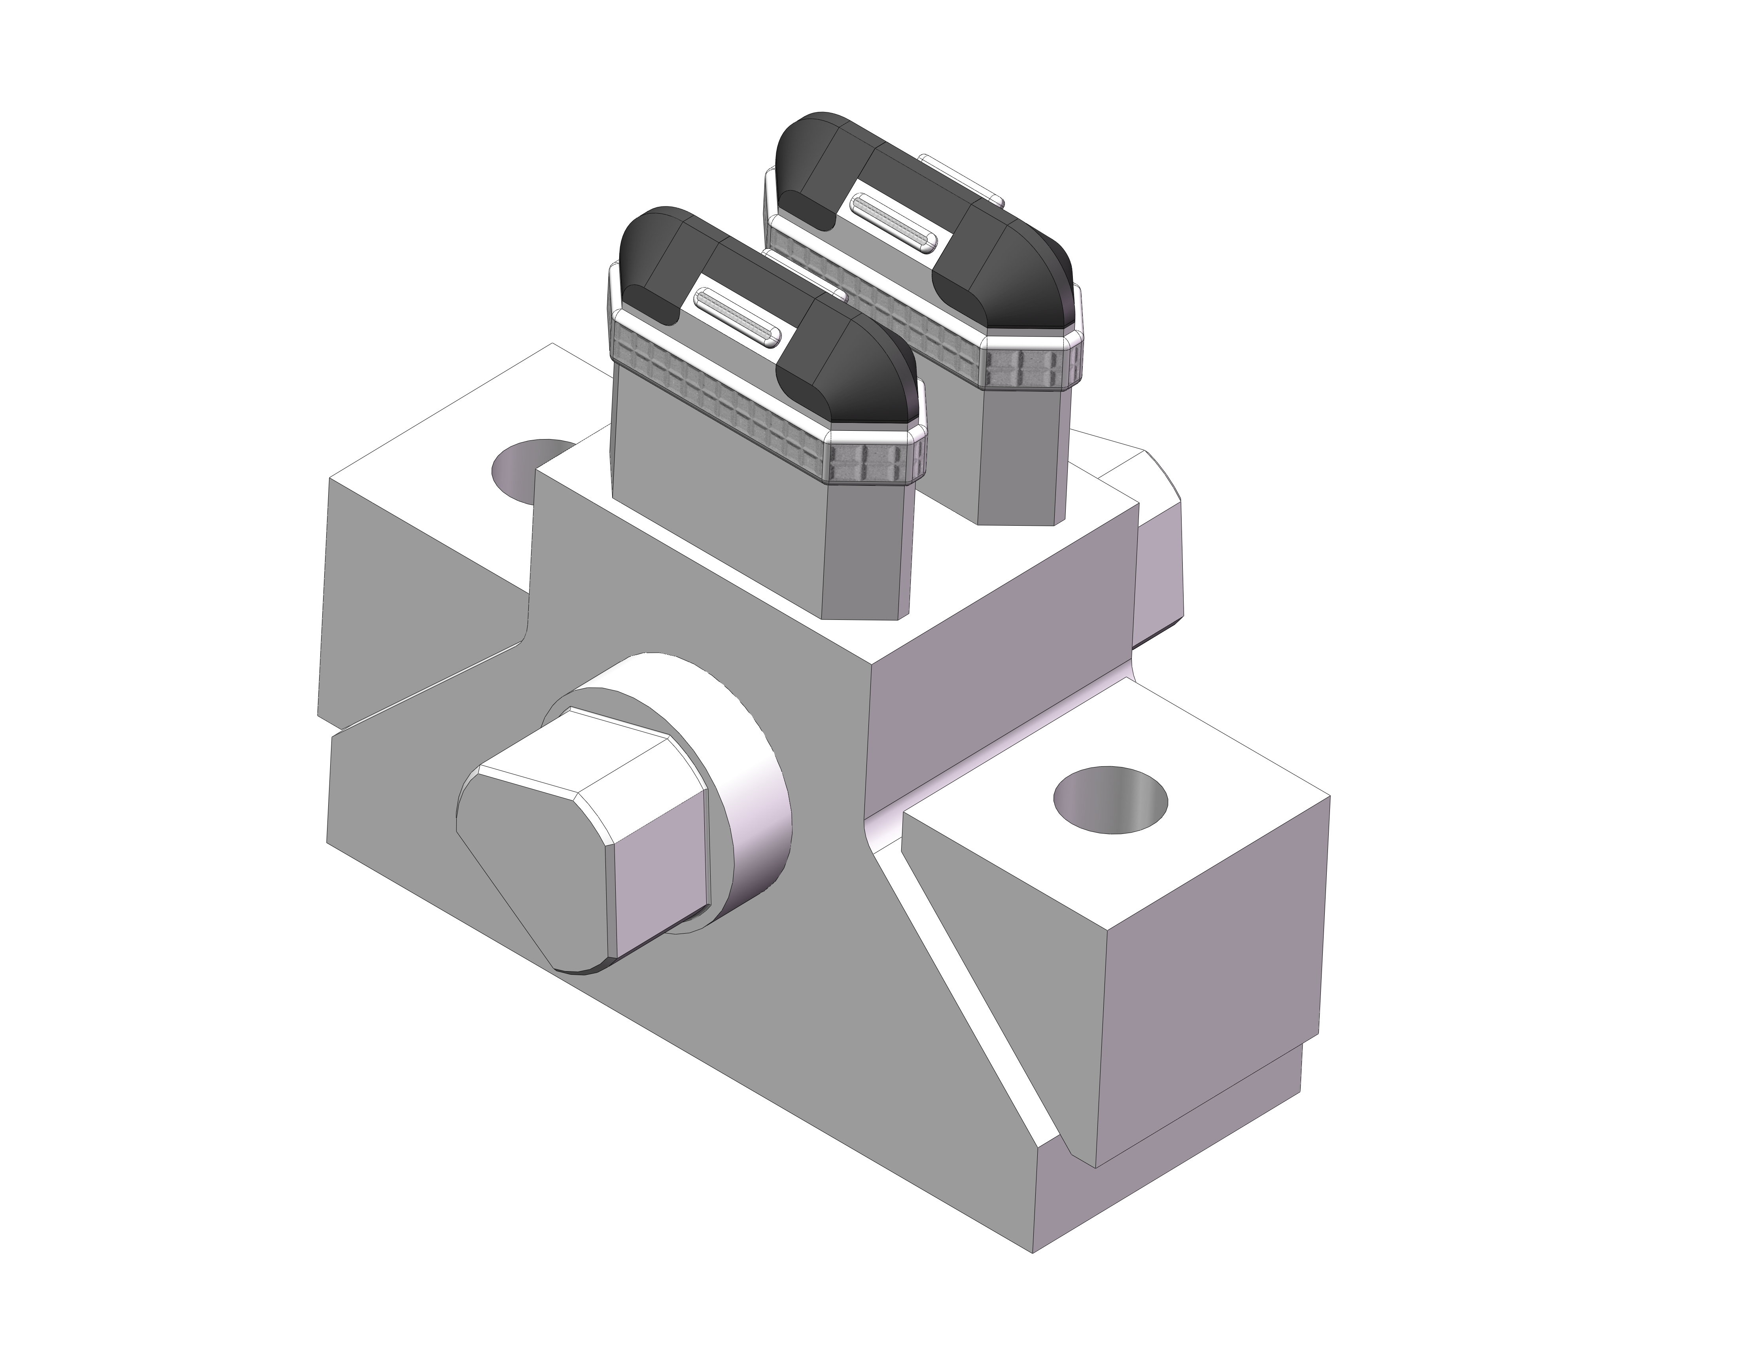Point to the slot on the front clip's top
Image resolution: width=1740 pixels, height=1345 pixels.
click(737, 319)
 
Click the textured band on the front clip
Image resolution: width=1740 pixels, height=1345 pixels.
click(717, 398)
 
